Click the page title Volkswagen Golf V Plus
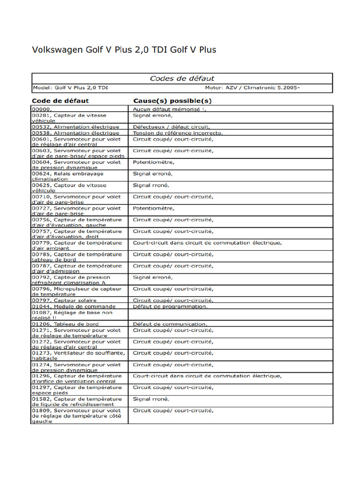point(124,50)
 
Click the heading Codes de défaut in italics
point(182,79)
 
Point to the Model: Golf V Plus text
point(70,88)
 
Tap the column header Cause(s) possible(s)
point(172,101)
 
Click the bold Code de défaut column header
point(60,101)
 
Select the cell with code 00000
point(41,109)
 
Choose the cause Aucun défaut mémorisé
point(169,109)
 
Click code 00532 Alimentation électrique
point(75,127)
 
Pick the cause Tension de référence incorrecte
point(178,133)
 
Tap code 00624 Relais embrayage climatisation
point(67,176)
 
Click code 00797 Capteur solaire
point(64,300)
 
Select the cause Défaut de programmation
point(170,306)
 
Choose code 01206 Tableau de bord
point(65,324)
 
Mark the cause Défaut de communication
point(170,324)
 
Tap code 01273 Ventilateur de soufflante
point(78,355)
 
